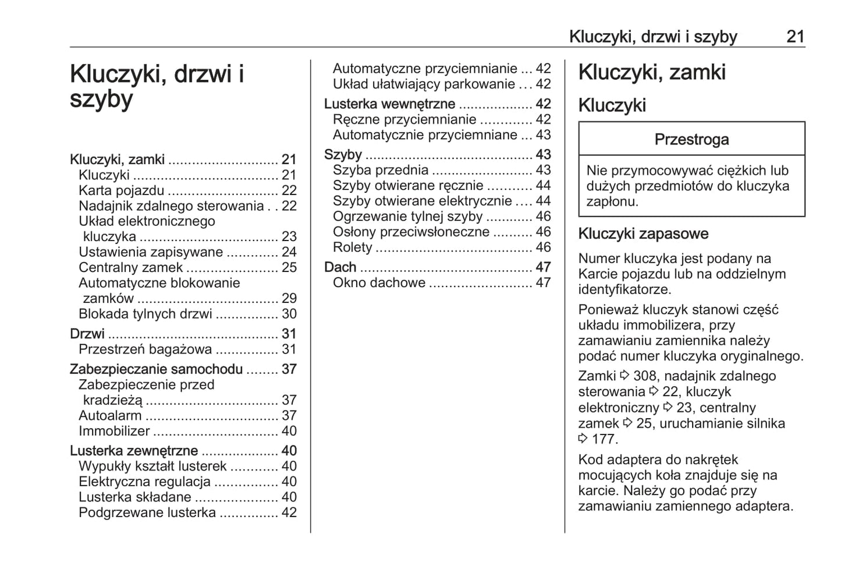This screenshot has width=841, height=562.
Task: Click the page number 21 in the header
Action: [795, 37]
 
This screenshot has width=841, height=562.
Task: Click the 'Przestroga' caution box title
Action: [691, 140]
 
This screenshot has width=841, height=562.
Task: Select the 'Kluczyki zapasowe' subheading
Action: [643, 234]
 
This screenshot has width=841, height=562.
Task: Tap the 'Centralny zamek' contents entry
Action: [130, 267]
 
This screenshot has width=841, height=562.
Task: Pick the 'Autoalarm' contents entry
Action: [110, 416]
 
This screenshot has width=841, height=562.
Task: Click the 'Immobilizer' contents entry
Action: [114, 431]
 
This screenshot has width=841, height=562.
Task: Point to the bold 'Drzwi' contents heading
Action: [87, 334]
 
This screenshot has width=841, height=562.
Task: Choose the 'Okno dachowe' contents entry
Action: [379, 283]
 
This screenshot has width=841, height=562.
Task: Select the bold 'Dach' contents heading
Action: [340, 267]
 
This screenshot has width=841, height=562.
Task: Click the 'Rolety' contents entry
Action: [352, 248]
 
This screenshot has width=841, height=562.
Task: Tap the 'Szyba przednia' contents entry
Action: [381, 170]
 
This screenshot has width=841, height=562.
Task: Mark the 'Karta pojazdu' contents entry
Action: [122, 190]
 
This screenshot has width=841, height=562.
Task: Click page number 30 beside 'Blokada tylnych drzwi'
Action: [289, 314]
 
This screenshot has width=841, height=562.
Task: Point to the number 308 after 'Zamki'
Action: [645, 376]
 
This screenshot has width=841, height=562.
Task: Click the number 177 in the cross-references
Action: [605, 439]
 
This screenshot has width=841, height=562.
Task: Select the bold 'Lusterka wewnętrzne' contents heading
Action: [389, 104]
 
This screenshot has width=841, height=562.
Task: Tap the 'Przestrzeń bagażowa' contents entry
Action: [145, 349]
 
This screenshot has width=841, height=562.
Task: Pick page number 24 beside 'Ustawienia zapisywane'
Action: [289, 252]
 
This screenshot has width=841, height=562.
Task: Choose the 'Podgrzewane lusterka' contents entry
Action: [147, 512]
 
